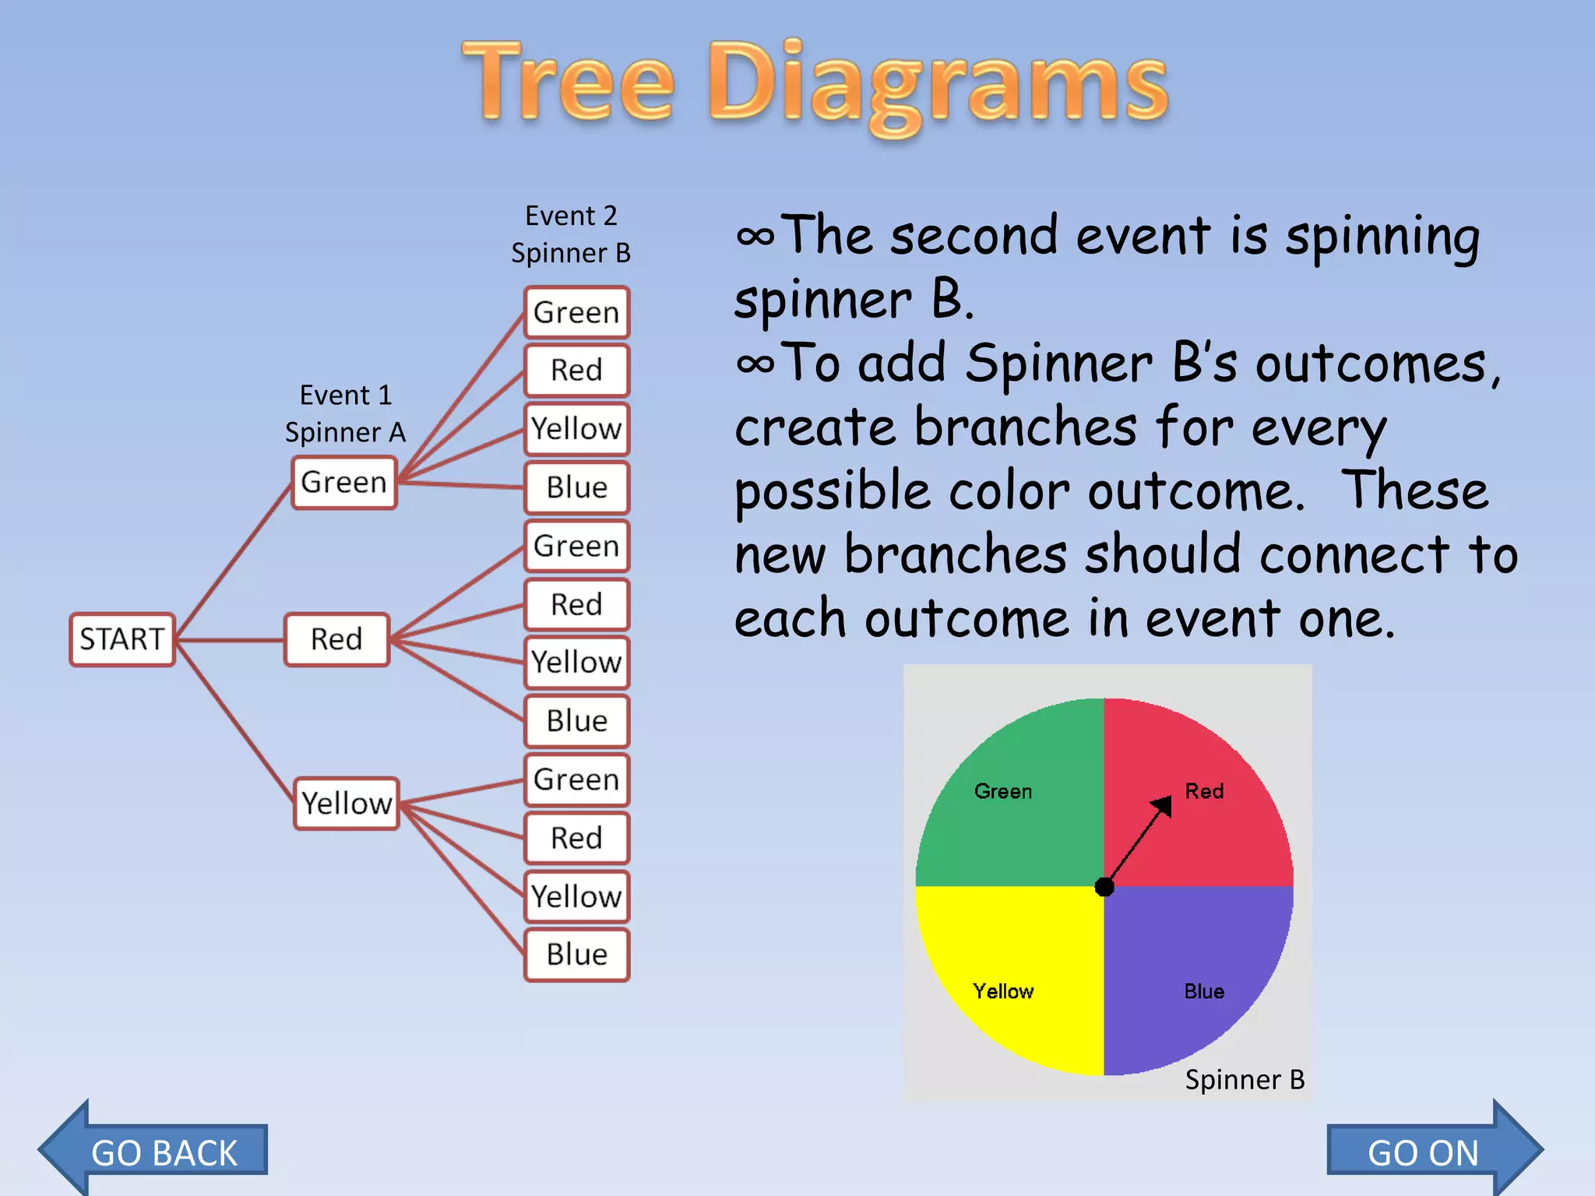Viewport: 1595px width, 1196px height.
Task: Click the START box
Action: (122, 639)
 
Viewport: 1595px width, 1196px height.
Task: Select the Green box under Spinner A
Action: (344, 483)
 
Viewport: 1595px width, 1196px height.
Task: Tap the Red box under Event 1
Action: (336, 639)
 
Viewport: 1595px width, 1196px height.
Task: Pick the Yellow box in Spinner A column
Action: (347, 803)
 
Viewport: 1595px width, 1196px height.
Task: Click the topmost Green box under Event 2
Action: (576, 312)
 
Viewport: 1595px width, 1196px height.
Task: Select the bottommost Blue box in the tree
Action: (576, 954)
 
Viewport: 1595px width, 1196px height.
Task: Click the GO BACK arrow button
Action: (156, 1151)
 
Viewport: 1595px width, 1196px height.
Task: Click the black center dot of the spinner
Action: (1104, 886)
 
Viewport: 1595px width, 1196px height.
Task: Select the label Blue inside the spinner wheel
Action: (1204, 991)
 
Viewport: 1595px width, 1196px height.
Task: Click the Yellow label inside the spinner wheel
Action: (1003, 991)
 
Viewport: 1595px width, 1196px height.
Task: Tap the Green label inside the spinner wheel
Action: (1003, 791)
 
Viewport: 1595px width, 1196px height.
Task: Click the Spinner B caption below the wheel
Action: (1244, 1079)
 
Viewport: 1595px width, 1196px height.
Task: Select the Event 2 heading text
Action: (571, 216)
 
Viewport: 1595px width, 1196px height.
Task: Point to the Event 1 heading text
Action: (346, 396)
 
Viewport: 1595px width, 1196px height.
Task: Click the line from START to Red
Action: (230, 640)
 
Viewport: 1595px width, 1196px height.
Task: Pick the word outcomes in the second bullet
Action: (1370, 364)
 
